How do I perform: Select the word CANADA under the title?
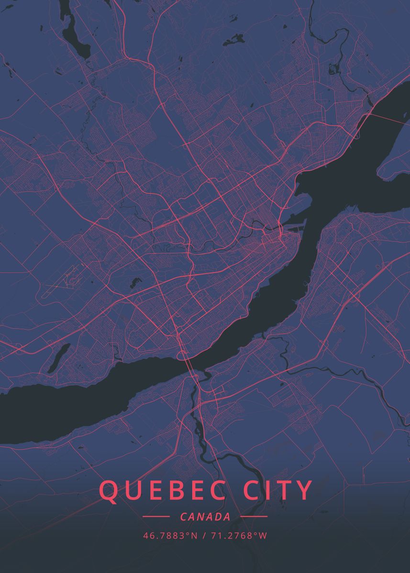pyautogui.click(x=205, y=517)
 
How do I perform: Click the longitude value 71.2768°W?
pyautogui.click(x=238, y=536)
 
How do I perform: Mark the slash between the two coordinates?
pyautogui.click(x=204, y=536)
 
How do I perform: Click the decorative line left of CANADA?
pyautogui.click(x=156, y=517)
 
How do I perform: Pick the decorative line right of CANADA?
pyautogui.click(x=254, y=517)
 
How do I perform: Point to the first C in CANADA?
pyautogui.click(x=184, y=517)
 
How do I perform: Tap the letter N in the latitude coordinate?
pyautogui.click(x=194, y=536)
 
